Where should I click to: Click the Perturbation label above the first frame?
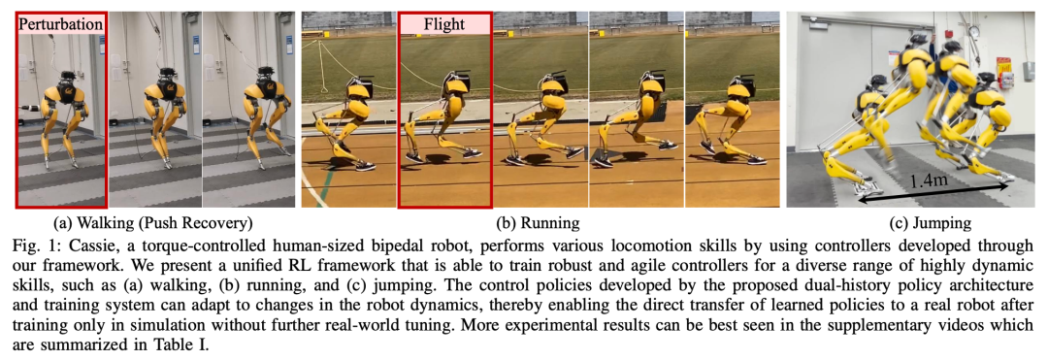(x=60, y=25)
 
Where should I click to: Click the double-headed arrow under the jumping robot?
(x=933, y=193)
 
